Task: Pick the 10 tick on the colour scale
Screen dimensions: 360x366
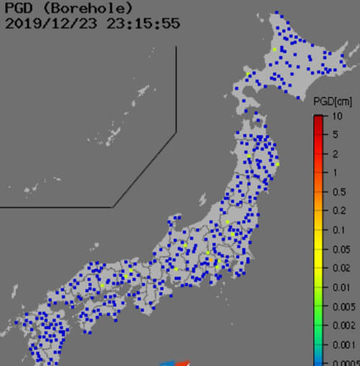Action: pos(337,116)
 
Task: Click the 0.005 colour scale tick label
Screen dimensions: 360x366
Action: pos(345,306)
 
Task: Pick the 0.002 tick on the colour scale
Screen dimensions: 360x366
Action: pos(345,326)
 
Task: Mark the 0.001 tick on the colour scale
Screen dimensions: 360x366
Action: pos(345,344)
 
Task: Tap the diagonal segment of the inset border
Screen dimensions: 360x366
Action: pos(144,170)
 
